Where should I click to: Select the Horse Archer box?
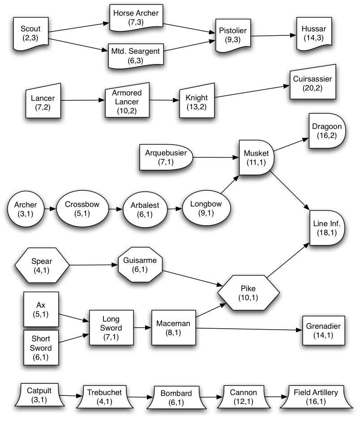click(x=136, y=17)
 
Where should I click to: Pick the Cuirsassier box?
click(x=312, y=84)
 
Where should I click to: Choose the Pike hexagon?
click(x=248, y=293)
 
